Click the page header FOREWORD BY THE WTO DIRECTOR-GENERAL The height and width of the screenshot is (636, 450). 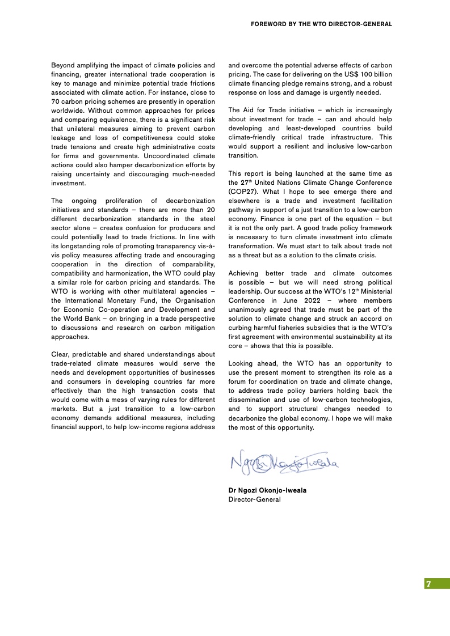click(321, 24)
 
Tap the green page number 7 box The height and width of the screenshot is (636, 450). click(437, 584)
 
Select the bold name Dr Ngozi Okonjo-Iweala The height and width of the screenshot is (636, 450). click(267, 490)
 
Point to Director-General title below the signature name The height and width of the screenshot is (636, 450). click(254, 499)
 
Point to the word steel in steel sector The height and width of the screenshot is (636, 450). click(204, 218)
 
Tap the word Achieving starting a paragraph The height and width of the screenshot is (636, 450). click(246, 273)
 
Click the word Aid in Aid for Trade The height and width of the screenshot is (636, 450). click(250, 110)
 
